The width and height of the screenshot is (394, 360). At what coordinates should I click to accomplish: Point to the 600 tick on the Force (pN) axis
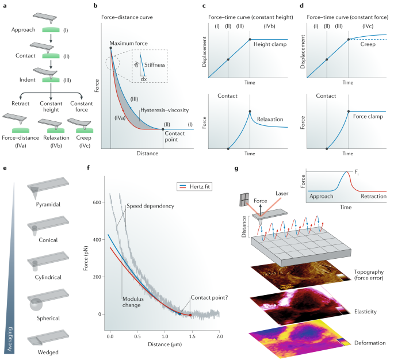click(x=97, y=202)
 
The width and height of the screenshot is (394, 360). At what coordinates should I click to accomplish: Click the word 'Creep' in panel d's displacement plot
click(x=369, y=44)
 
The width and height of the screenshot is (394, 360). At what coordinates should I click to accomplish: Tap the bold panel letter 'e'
click(x=5, y=169)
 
